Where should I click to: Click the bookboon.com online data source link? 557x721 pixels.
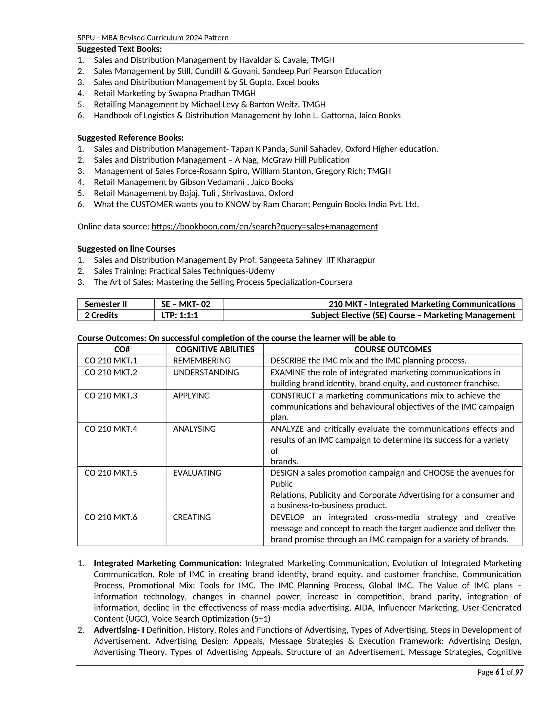click(x=265, y=226)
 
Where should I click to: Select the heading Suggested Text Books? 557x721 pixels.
click(x=119, y=49)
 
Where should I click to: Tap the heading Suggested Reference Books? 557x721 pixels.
click(x=130, y=138)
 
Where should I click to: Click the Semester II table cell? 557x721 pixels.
click(x=106, y=304)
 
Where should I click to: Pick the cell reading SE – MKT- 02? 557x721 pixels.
click(x=185, y=304)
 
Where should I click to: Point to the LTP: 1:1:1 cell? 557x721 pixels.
click(x=180, y=315)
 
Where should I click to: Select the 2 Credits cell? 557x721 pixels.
click(x=101, y=315)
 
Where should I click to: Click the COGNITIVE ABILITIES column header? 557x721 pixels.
click(x=215, y=349)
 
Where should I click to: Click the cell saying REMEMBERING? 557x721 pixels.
click(x=202, y=360)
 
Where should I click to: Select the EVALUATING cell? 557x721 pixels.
click(x=197, y=473)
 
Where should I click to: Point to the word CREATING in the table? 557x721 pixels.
click(x=192, y=517)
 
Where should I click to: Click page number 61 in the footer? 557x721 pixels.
click(x=500, y=672)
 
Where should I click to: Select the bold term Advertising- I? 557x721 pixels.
click(x=119, y=630)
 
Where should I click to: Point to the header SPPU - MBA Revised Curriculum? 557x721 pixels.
click(x=153, y=38)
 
